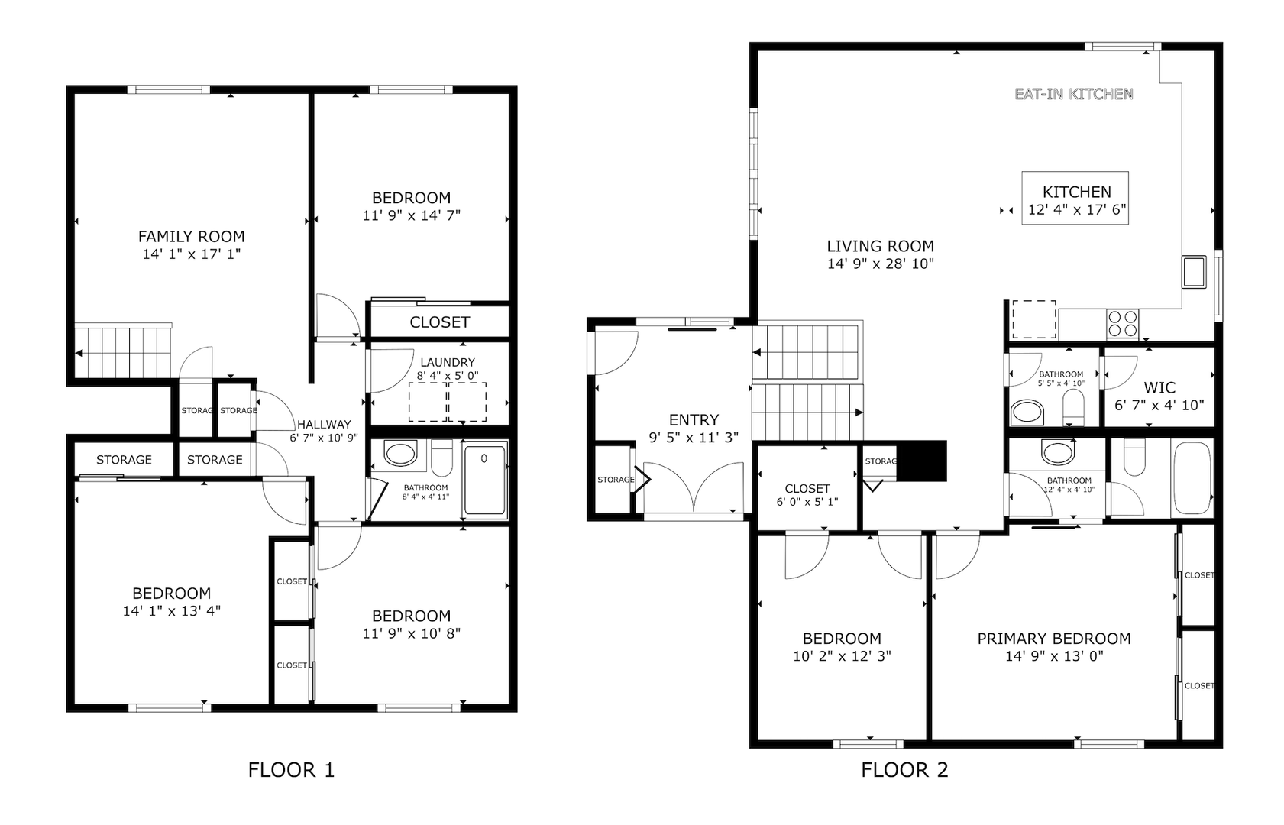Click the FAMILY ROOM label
coord(192,236)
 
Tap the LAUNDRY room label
coord(448,362)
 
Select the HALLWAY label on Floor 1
coord(324,425)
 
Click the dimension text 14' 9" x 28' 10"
coord(881,264)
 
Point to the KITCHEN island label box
coord(1075,198)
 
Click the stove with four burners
coord(1123,323)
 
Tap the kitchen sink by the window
coord(1194,272)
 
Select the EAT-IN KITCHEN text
coord(1074,94)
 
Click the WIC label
coord(1159,387)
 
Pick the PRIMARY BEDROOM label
coord(1054,639)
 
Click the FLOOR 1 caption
coord(291,770)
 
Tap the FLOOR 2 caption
coord(904,770)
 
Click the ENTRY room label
coord(694,420)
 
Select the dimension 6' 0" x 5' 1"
coord(807,502)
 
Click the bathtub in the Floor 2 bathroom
coord(1193,478)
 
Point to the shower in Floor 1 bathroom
coord(485,480)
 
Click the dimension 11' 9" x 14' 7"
coord(412,215)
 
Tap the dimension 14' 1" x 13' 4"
coord(171,611)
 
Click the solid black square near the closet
coord(921,461)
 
